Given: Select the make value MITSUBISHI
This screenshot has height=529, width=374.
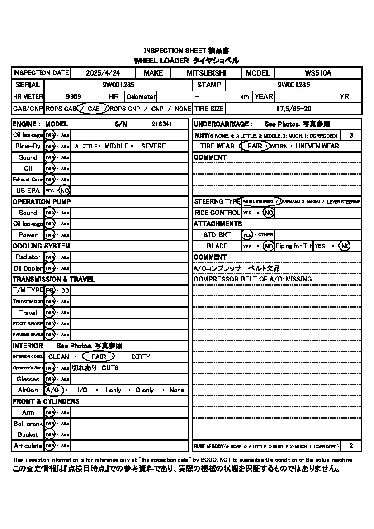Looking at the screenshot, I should click(206, 73).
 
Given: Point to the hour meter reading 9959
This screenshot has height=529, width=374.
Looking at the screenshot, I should click(73, 96).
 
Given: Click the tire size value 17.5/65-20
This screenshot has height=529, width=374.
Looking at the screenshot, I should click(294, 109).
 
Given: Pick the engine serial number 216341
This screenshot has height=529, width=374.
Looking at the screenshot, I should click(162, 124).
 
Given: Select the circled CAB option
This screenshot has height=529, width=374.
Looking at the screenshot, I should click(94, 109).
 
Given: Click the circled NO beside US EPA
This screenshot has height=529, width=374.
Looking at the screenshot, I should click(64, 191).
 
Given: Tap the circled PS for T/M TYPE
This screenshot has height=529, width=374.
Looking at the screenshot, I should click(50, 290).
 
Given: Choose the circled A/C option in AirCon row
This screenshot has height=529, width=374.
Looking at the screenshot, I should click(52, 390).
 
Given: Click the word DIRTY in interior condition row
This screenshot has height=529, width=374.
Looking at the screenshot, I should click(141, 357).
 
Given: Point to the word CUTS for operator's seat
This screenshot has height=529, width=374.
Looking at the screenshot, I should click(110, 368).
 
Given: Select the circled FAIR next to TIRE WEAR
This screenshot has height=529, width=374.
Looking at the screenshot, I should click(255, 146).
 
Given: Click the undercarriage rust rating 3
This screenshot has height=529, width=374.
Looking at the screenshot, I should click(351, 135).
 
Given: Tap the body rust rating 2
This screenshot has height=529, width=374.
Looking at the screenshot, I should click(351, 446).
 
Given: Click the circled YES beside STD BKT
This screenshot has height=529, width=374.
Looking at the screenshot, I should click(247, 235).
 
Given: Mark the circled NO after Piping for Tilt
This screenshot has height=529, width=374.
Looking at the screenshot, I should click(345, 246).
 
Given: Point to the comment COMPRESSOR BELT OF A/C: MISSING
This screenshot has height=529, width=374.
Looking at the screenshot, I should click(252, 279).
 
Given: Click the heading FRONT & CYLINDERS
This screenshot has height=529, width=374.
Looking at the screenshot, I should click(46, 401).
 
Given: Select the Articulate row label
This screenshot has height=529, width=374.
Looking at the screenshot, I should click(28, 446).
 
